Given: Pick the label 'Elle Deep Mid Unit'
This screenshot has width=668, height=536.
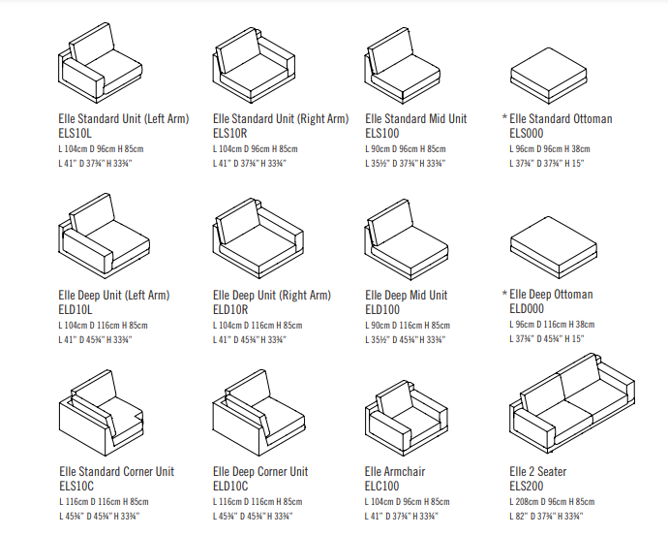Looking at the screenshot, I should click(x=406, y=295).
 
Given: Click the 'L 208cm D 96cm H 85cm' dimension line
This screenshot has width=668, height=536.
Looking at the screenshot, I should click(x=552, y=502).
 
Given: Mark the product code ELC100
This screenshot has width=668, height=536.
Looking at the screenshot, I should click(x=382, y=486).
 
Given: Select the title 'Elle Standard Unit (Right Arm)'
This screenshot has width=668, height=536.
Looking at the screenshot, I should click(x=280, y=119).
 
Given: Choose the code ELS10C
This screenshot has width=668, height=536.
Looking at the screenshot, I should click(x=76, y=486).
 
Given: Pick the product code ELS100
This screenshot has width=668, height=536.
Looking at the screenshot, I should click(x=382, y=133).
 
